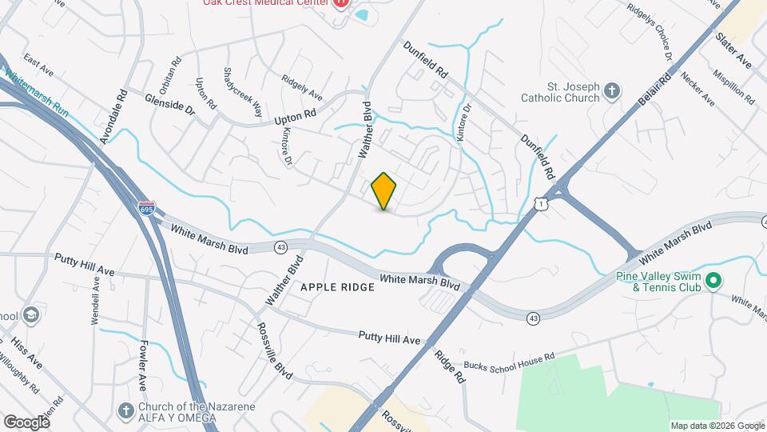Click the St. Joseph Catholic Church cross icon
(x=612, y=90)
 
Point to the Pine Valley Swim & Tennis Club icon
(x=714, y=281)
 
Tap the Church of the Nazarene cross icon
(x=125, y=411)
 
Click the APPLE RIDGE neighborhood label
(x=336, y=286)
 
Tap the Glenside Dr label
(x=170, y=105)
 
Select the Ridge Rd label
(x=450, y=365)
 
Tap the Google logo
(x=26, y=422)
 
